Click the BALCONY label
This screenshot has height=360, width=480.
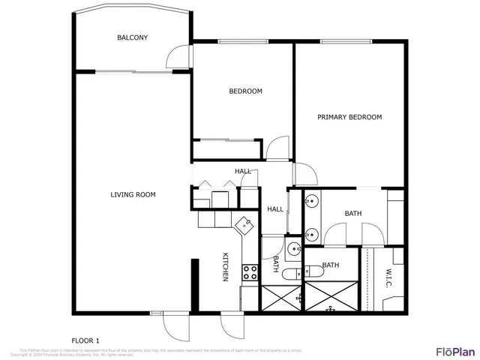click(132, 37)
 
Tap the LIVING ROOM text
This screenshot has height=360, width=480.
click(133, 195)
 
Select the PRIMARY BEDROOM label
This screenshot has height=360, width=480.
click(349, 117)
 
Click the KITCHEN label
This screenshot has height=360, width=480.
click(225, 267)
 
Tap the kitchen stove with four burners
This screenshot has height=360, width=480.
click(250, 273)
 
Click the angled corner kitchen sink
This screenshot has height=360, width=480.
click(244, 223)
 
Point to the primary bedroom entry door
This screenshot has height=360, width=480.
click(304, 174)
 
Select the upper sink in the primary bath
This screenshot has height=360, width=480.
click(310, 201)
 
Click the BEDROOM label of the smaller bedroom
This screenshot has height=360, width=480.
click(245, 91)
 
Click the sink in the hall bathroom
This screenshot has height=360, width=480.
click(294, 250)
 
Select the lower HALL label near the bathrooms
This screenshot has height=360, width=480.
click(275, 209)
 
